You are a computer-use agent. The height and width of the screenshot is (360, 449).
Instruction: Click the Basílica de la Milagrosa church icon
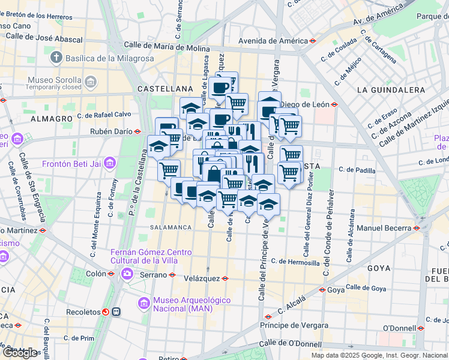click(x=56, y=58)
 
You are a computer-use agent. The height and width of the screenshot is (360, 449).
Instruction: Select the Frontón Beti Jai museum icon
click(x=109, y=163)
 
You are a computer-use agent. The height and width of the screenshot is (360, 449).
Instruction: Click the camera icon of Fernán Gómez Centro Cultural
click(x=127, y=274)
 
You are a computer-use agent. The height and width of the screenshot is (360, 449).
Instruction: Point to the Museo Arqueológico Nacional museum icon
click(x=143, y=304)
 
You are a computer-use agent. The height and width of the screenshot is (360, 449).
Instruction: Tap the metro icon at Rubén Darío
click(x=137, y=131)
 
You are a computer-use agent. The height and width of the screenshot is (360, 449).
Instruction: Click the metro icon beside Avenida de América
click(x=314, y=41)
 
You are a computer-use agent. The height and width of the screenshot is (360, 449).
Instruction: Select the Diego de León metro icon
click(x=334, y=104)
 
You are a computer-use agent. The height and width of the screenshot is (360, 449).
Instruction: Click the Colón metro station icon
click(x=110, y=274)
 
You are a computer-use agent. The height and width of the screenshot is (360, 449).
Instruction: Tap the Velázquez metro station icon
click(x=225, y=278)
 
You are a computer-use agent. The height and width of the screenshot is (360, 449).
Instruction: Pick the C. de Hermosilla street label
click(x=295, y=262)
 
